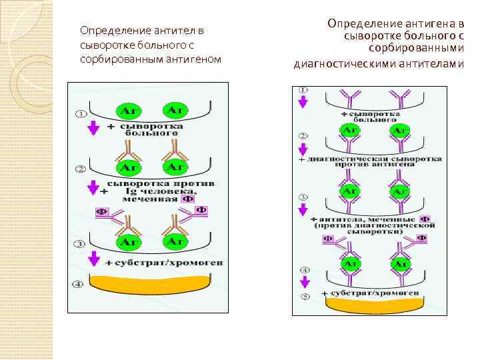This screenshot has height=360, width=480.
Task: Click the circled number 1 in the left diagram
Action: click(80, 114)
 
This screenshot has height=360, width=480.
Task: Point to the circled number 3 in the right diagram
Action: click(303, 197)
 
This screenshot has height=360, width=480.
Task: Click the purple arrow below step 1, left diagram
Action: click(93, 127)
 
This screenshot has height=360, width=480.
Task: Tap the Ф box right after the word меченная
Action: click(188, 198)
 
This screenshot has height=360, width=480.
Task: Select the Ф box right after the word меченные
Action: click(425, 219)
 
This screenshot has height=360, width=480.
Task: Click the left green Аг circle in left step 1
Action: click(127, 110)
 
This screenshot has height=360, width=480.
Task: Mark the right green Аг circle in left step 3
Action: click(175, 241)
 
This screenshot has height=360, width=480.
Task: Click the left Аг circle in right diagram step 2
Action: click(349, 130)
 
